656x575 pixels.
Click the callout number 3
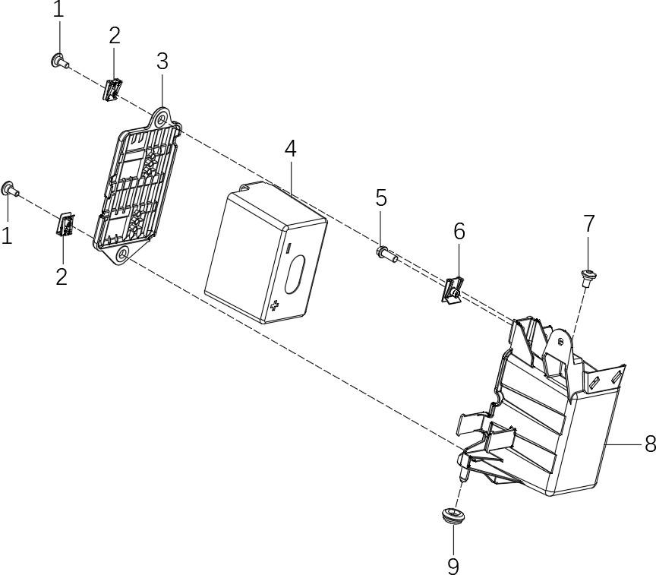tap(162, 62)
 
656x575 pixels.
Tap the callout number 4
tap(291, 149)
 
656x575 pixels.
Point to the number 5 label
tap(381, 199)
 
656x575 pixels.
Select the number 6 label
tap(459, 232)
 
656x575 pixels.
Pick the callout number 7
tap(589, 224)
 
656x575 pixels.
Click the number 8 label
tap(649, 444)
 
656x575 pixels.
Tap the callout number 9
tap(453, 565)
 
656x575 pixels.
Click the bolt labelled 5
tap(385, 252)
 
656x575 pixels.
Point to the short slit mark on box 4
tap(289, 247)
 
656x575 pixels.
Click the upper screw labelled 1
tap(58, 61)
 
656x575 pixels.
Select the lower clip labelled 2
tap(65, 226)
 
